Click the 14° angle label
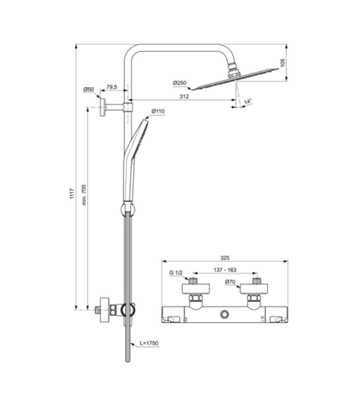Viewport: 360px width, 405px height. (x=248, y=102)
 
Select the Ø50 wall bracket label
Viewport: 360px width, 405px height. (x=89, y=89)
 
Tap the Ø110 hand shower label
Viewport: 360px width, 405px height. (x=159, y=112)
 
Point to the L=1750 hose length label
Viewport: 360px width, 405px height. (x=147, y=344)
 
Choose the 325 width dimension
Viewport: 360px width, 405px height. (x=225, y=257)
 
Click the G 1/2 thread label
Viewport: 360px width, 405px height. (x=176, y=274)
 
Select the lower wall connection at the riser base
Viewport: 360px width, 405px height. (x=108, y=310)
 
